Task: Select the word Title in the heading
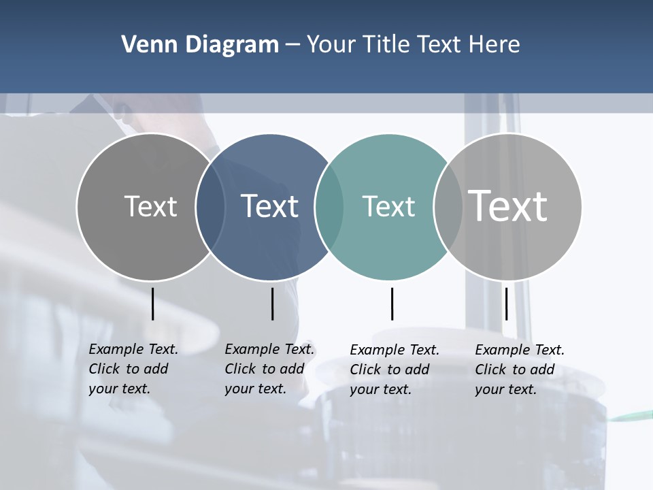point(386,44)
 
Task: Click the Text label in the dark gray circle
point(150,206)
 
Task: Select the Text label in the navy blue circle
point(269,206)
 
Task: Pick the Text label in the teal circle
point(388,206)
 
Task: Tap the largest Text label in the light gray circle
point(508,206)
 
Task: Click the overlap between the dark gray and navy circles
point(210,207)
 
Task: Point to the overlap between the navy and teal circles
point(329,207)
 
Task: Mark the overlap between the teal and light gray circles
point(448,207)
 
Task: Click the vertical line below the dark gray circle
point(152,304)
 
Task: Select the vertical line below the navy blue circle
point(272,304)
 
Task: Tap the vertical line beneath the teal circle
point(392,304)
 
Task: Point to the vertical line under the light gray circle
point(506,304)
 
